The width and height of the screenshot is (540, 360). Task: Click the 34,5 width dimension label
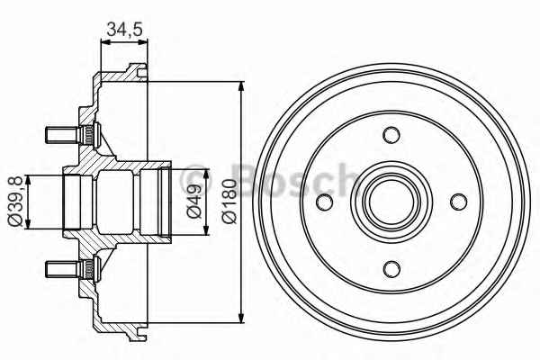click(x=124, y=29)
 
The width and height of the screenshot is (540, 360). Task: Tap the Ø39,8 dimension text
click(x=15, y=202)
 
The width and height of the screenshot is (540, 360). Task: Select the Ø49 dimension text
click(x=194, y=202)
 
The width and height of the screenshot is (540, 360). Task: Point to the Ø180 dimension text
click(x=229, y=202)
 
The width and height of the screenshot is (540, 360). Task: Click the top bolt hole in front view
click(x=391, y=135)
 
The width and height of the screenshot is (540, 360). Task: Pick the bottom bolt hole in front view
click(x=391, y=269)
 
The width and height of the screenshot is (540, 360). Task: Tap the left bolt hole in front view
click(x=324, y=202)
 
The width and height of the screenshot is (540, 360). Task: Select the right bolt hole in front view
click(x=459, y=202)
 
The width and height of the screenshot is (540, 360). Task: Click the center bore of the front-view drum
click(x=391, y=202)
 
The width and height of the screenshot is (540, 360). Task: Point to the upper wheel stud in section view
click(x=72, y=135)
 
